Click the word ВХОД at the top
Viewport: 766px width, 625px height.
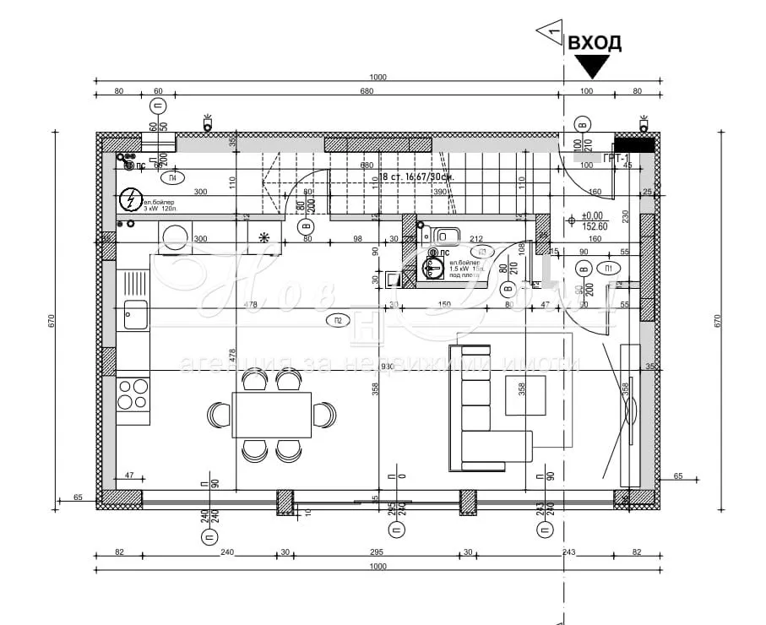click(595, 43)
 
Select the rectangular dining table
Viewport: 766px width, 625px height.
click(272, 415)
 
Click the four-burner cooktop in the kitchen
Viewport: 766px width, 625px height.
click(133, 394)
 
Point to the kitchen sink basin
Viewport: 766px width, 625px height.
click(135, 314)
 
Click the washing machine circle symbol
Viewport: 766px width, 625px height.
click(176, 237)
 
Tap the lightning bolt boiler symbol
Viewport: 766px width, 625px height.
click(130, 200)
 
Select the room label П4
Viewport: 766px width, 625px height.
click(171, 178)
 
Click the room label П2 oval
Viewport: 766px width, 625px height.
click(337, 319)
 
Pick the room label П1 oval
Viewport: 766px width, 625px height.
click(608, 269)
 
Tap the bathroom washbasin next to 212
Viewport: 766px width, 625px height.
click(448, 234)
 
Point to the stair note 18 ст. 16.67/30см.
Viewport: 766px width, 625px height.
click(416, 177)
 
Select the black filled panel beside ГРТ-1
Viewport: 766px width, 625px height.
click(633, 145)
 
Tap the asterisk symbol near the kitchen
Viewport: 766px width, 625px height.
click(264, 237)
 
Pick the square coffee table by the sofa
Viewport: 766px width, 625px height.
click(525, 395)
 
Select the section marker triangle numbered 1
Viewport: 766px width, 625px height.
click(551, 30)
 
